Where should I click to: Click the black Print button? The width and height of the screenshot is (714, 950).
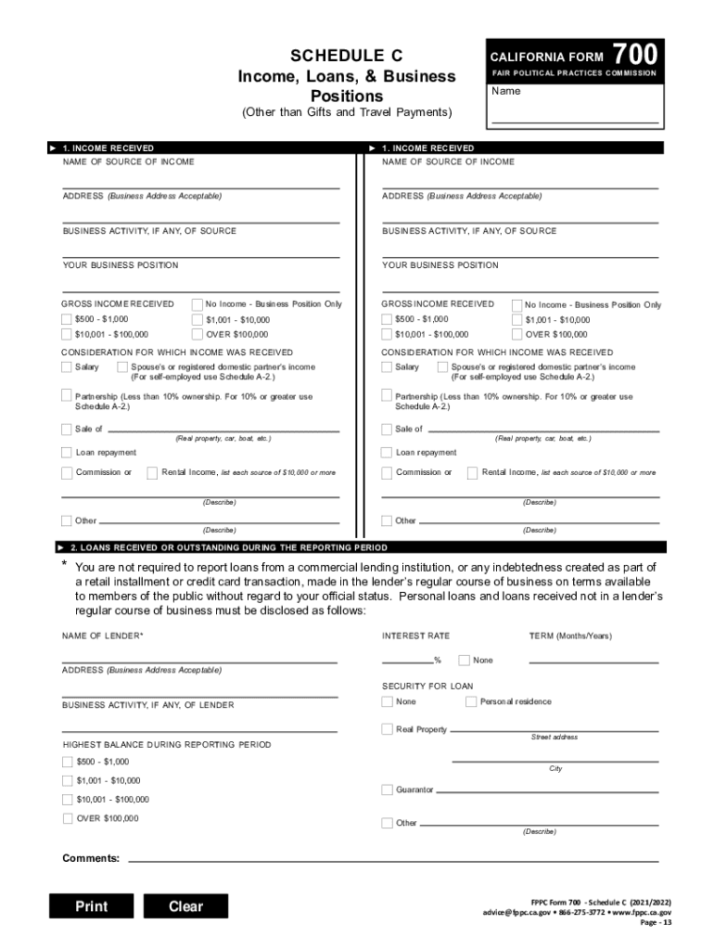tap(91, 906)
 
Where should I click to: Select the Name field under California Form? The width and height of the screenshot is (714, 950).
tap(575, 115)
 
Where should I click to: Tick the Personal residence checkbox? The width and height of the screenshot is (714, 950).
tap(471, 702)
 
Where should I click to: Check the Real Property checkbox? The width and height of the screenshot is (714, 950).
tap(387, 729)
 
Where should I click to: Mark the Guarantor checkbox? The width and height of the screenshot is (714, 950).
tap(387, 790)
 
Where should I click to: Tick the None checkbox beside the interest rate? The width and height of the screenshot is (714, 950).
tap(464, 661)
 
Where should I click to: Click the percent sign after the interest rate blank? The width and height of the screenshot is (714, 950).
tap(437, 661)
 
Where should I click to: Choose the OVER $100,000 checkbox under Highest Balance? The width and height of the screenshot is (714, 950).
tap(67, 818)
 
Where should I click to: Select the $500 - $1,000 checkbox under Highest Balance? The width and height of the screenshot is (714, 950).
tap(67, 762)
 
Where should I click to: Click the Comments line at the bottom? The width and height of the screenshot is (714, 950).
tap(389, 858)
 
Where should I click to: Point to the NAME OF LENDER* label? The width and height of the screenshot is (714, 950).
tap(103, 635)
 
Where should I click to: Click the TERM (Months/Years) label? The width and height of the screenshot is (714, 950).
tap(570, 635)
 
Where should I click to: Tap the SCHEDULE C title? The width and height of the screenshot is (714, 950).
tap(346, 55)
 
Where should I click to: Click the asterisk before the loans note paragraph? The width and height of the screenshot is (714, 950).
tap(65, 566)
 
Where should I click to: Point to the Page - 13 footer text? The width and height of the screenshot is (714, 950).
tap(657, 923)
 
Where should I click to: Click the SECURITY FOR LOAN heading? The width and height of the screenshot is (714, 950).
tap(427, 687)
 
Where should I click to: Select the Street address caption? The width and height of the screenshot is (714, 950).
tap(554, 738)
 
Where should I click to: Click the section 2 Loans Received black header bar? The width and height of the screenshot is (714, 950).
tap(357, 547)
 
